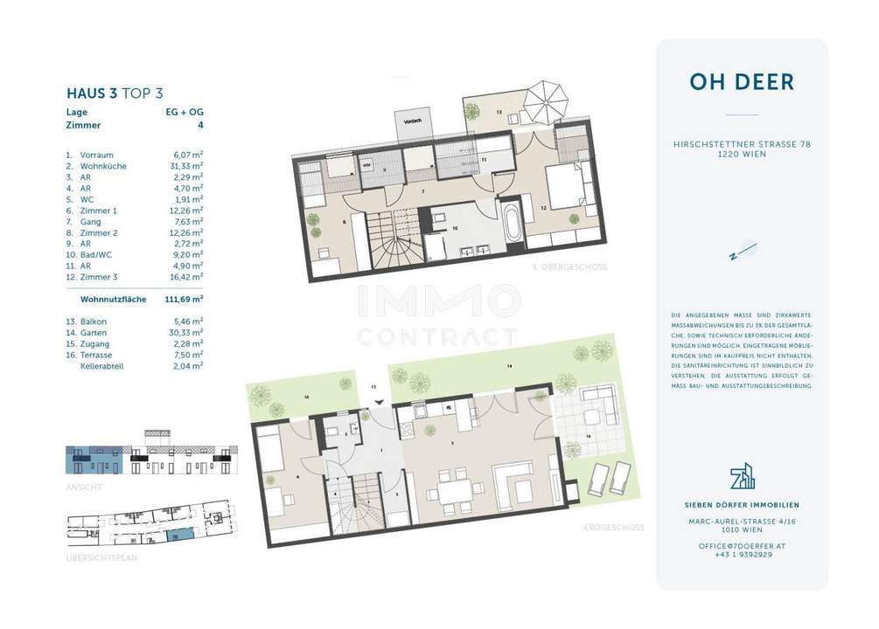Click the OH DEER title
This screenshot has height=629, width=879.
742,82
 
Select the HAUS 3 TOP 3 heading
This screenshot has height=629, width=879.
115,93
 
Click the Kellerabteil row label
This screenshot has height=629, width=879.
101,367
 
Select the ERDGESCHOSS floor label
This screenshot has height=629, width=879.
615,527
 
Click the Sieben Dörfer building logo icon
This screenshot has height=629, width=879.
742,477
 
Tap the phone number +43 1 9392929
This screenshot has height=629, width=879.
742,554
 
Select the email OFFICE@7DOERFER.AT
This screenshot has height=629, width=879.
742,543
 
